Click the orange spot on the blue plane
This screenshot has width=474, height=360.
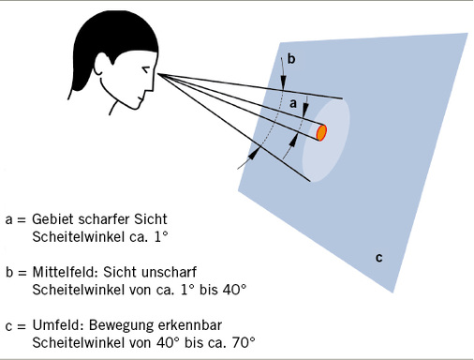321,132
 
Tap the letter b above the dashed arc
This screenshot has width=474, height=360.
291,59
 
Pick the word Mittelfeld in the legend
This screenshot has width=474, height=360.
67,271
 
